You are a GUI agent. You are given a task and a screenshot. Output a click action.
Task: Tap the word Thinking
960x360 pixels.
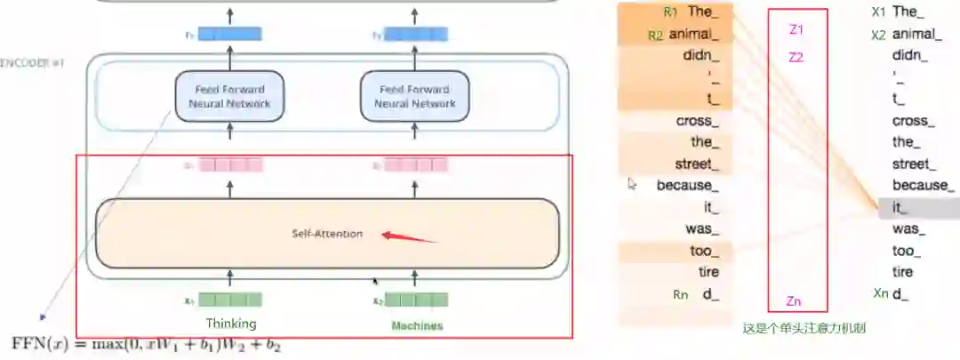click(231, 324)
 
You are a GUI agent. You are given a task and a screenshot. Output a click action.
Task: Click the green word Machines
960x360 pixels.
click(417, 325)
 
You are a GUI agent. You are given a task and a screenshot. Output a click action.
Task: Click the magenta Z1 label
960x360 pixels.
click(796, 29)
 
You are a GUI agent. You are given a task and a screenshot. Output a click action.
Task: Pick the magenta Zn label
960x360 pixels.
click(795, 301)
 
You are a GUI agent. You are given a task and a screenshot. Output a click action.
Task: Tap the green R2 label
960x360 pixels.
click(656, 36)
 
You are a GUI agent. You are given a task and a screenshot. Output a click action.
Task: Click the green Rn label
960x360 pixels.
click(680, 295)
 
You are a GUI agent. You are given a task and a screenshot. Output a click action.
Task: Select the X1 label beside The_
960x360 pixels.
click(878, 12)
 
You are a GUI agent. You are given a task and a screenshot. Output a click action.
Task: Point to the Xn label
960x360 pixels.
click(881, 293)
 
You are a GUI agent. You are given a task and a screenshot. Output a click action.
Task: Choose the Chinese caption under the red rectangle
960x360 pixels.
click(804, 328)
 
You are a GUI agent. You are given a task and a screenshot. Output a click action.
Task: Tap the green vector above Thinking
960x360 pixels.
click(230, 300)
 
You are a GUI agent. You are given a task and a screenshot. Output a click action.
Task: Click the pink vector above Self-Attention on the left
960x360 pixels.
click(230, 164)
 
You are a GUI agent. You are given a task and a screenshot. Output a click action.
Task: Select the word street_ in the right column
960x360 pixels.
click(914, 164)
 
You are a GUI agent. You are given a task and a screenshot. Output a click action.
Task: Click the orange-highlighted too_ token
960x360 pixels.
click(701, 251)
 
